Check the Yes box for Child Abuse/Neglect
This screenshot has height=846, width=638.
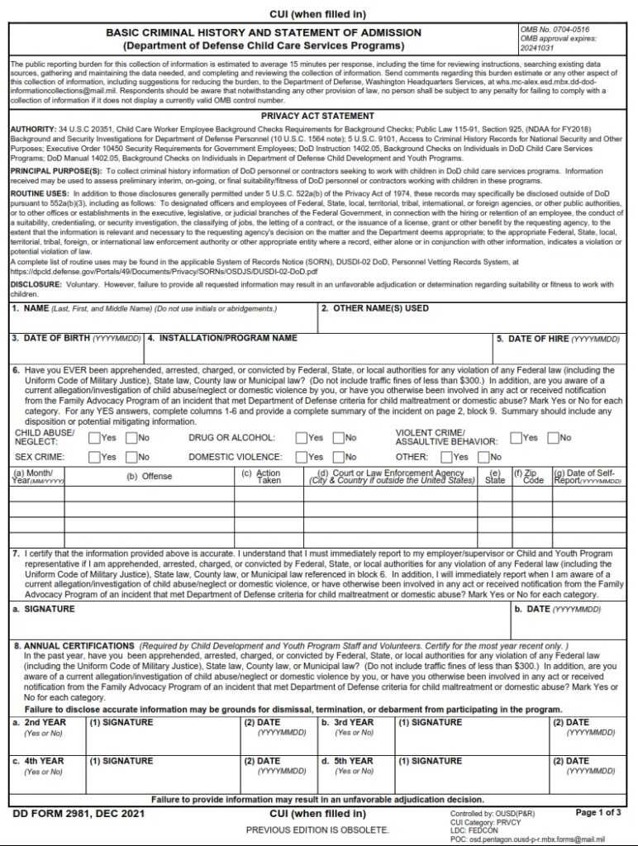[x=94, y=438]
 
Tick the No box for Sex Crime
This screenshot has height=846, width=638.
[x=131, y=457]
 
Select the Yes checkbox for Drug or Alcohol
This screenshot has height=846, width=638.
[x=302, y=438]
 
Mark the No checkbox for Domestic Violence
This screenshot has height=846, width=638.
[x=339, y=457]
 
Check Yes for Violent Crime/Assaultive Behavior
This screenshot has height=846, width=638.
[x=516, y=438]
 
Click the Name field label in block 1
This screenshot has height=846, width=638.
[x=36, y=308]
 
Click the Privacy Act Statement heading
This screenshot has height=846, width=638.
[x=317, y=116]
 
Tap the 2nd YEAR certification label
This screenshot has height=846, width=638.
[x=45, y=722]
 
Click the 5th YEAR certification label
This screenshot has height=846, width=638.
[x=355, y=761]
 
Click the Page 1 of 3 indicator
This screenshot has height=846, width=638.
[x=598, y=813]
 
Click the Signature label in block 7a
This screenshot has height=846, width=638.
[x=50, y=609]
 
